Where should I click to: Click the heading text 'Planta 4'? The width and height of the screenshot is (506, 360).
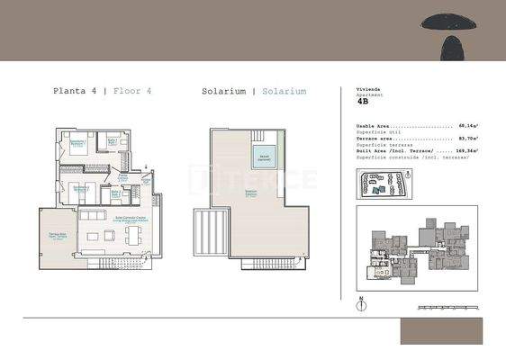click(75, 91)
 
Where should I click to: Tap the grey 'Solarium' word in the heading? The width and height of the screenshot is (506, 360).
click(285, 91)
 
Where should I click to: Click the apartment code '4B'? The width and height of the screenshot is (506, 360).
click(363, 103)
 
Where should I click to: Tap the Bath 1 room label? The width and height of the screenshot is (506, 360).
click(113, 140)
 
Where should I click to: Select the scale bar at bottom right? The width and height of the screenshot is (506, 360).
click(450, 308)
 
